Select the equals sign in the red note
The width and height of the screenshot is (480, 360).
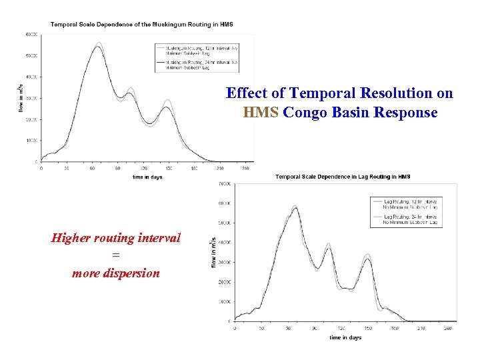pyautogui.click(x=115, y=255)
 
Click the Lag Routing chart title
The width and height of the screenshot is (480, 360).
pyautogui.click(x=343, y=177)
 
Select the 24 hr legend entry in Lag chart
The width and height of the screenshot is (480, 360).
pyautogui.click(x=409, y=219)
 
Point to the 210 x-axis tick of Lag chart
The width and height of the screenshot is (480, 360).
pyautogui.click(x=421, y=328)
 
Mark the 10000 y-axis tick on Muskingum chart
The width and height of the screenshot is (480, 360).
pyautogui.click(x=31, y=141)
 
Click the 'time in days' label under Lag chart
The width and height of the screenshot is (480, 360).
pyautogui.click(x=345, y=337)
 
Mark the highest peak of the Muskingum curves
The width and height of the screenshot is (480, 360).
pyautogui.click(x=99, y=44)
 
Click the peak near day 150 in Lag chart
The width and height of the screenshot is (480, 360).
pyautogui.click(x=367, y=255)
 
